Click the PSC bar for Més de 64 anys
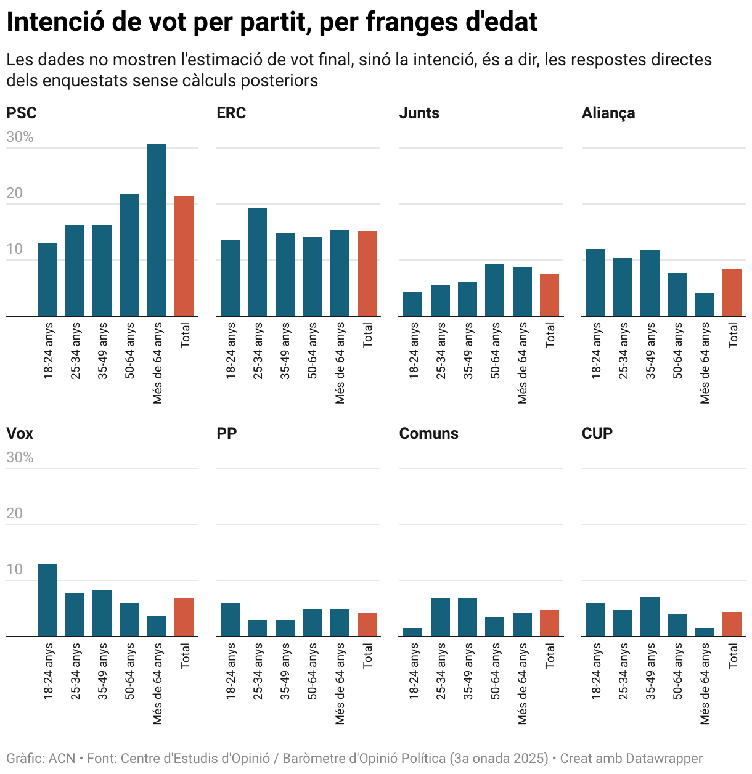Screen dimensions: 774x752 point(157,230)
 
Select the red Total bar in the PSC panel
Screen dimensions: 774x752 point(184,256)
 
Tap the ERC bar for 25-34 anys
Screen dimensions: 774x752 point(257,262)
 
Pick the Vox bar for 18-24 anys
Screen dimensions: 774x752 point(47,600)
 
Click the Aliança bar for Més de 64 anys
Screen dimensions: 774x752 point(705,304)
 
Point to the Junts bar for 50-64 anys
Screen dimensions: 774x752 point(494,290)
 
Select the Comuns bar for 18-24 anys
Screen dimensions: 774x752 point(412,632)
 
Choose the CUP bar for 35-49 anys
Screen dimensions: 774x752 point(650,616)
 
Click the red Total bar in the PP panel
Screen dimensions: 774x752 point(367,624)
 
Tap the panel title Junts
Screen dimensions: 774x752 point(419,113)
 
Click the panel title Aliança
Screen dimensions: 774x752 point(608,113)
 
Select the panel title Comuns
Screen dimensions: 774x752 point(428,434)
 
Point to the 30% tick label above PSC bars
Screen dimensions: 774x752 point(20,137)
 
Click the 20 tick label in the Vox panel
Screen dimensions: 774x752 point(14,513)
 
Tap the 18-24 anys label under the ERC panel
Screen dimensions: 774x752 point(231,350)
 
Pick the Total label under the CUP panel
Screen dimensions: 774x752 point(733,656)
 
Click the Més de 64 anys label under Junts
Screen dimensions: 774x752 point(522,363)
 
